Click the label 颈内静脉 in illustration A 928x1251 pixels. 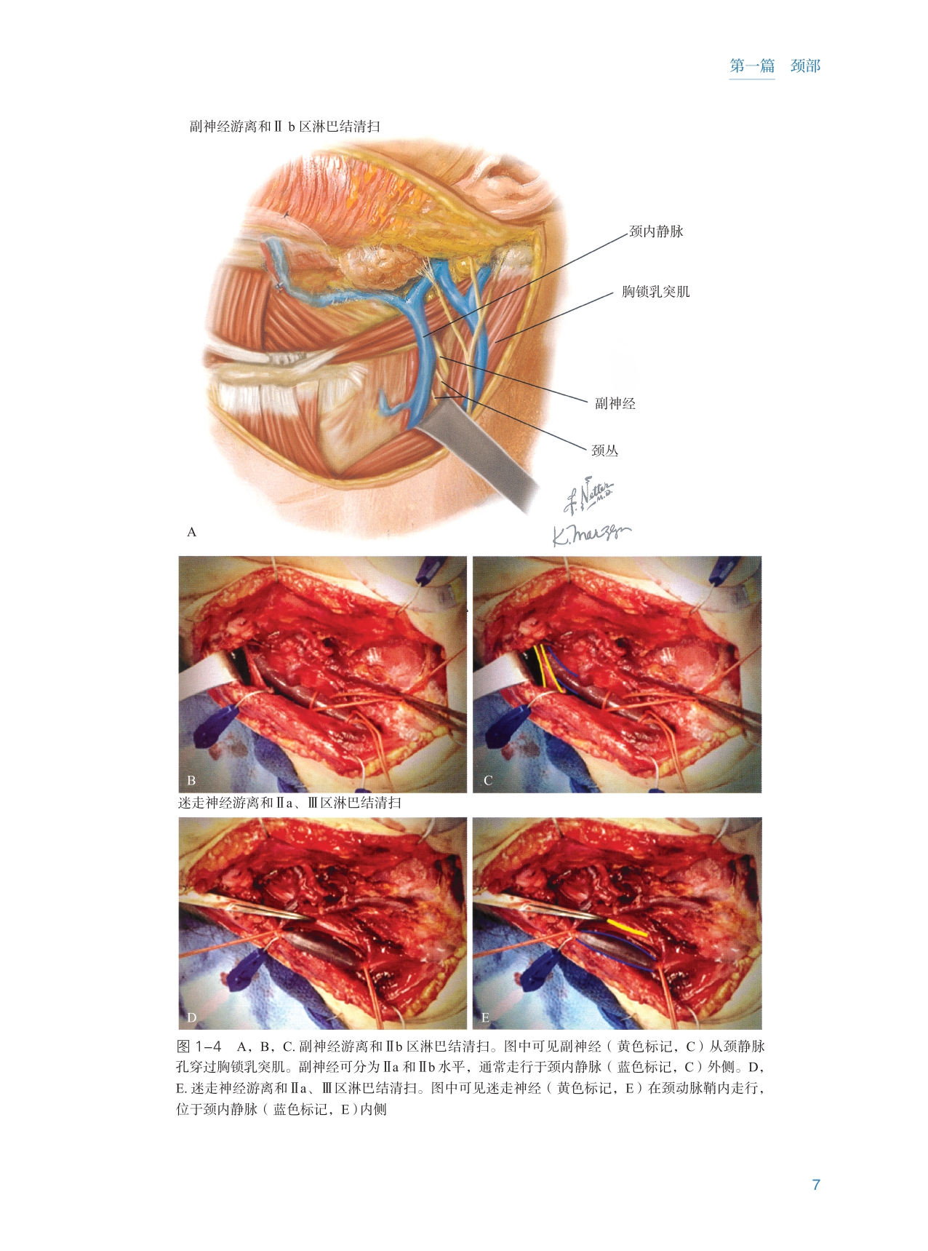656,231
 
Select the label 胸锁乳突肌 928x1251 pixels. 655,292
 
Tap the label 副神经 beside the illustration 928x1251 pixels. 615,403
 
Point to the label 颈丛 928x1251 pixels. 604,450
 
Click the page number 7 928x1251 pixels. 816,1185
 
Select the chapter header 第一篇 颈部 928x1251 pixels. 775,66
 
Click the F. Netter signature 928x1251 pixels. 589,495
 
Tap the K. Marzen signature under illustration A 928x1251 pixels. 591,535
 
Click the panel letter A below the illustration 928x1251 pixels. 192,532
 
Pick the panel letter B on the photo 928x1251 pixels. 191,780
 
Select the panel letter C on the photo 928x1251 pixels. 488,780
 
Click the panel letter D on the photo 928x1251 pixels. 192,1017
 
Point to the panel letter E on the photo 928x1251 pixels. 485,1017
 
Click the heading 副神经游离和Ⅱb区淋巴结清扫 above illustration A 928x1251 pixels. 284,127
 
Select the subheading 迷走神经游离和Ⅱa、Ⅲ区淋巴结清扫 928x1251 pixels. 289,803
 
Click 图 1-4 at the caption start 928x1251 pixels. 199,1047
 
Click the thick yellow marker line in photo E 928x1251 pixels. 627,926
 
